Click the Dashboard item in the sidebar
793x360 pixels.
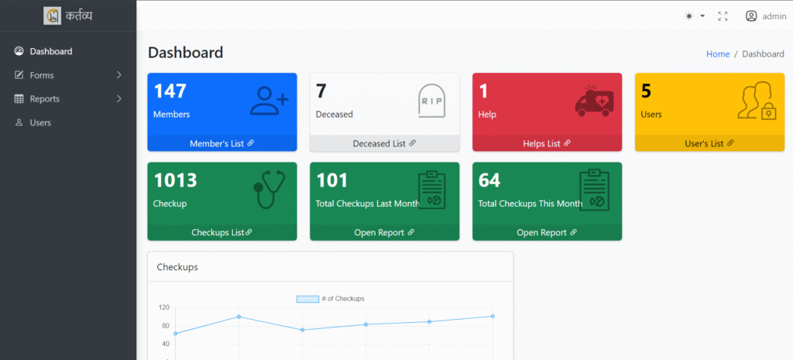click(x=50, y=52)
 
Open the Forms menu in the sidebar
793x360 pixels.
click(x=42, y=75)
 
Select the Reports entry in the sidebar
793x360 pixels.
click(x=44, y=99)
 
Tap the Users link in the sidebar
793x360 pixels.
click(x=40, y=123)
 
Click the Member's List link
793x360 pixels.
click(x=221, y=143)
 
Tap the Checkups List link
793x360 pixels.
click(x=221, y=232)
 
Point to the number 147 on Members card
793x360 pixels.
click(x=170, y=91)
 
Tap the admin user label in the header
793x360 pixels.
click(x=774, y=16)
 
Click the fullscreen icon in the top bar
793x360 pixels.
click(x=723, y=16)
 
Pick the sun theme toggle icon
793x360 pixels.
click(x=689, y=16)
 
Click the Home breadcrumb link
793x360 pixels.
click(x=718, y=54)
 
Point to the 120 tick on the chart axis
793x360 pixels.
click(x=163, y=307)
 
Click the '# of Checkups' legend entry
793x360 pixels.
click(x=331, y=299)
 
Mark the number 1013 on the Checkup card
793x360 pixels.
click(x=175, y=180)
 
